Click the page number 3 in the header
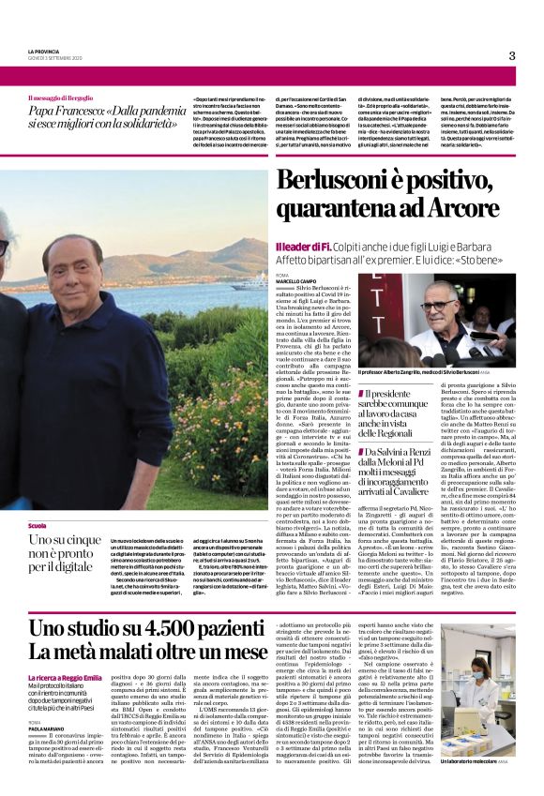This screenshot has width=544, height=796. pos(512,55)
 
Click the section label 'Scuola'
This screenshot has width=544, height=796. pos(38,527)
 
